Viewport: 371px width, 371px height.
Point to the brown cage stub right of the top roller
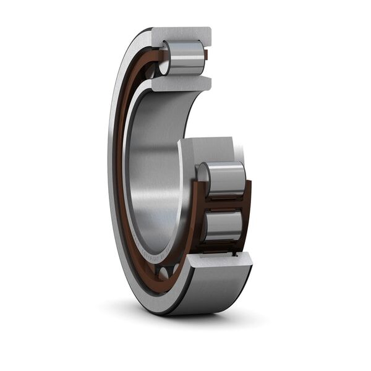click(206, 56)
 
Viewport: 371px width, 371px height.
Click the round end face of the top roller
click(166, 58)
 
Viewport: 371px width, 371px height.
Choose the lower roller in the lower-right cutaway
click(223, 226)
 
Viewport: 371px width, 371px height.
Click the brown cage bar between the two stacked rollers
click(224, 202)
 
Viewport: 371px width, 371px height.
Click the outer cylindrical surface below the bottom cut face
click(210, 291)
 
